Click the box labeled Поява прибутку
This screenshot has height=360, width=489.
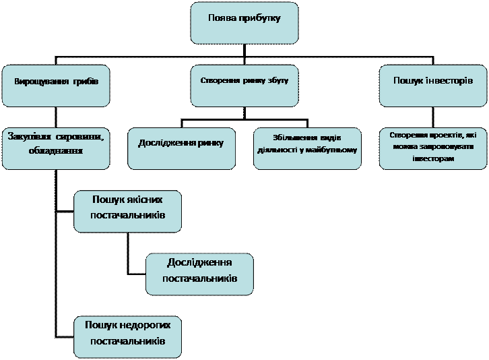(x=244, y=23)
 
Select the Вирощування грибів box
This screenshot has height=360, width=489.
(x=56, y=86)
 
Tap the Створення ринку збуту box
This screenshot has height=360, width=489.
(x=244, y=86)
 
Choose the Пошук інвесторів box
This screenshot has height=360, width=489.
(x=433, y=86)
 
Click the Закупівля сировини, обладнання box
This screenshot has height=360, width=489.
(x=56, y=148)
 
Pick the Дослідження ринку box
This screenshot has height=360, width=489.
(x=181, y=148)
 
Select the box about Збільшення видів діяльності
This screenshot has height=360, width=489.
(x=307, y=148)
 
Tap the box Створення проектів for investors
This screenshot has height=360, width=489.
(x=433, y=148)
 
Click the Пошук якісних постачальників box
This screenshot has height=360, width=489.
(x=127, y=211)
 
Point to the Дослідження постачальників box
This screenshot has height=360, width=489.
(x=199, y=274)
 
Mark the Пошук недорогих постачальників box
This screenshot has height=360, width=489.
(x=127, y=336)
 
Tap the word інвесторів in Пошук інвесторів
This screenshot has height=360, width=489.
(x=448, y=80)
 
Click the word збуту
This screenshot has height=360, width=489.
(x=277, y=80)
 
